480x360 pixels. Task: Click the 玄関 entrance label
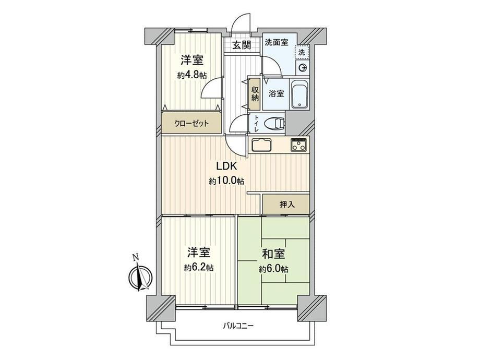pyautogui.click(x=241, y=45)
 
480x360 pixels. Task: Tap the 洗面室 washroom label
pyautogui.click(x=277, y=42)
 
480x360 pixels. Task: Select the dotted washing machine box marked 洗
pyautogui.click(x=302, y=52)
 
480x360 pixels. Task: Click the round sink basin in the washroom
pyautogui.click(x=303, y=68)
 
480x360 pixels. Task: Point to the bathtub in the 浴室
pyautogui.click(x=299, y=94)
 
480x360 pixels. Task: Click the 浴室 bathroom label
pyautogui.click(x=276, y=94)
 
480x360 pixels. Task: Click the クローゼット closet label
pyautogui.click(x=191, y=124)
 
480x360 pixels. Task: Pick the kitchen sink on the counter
pyautogui.click(x=261, y=145)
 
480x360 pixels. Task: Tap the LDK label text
pyautogui.click(x=226, y=166)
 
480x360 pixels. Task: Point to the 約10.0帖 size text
pyautogui.click(x=226, y=181)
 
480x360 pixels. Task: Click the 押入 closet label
pyautogui.click(x=287, y=205)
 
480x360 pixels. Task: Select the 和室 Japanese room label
pyautogui.click(x=273, y=254)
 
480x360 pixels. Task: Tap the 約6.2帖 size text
pyautogui.click(x=199, y=268)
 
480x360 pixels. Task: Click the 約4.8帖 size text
pyautogui.click(x=191, y=75)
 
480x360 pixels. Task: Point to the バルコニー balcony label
pyautogui.click(x=238, y=326)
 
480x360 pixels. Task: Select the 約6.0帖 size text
pyautogui.click(x=273, y=269)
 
